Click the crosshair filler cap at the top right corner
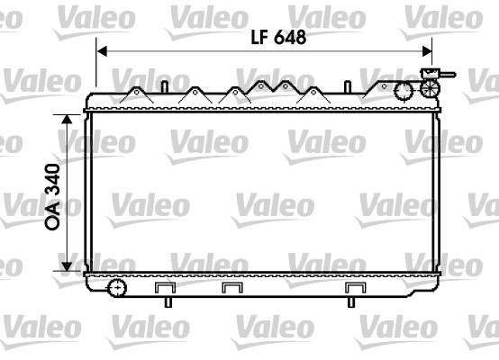(430, 88)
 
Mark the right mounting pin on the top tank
(345, 86)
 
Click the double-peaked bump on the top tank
(273, 89)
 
